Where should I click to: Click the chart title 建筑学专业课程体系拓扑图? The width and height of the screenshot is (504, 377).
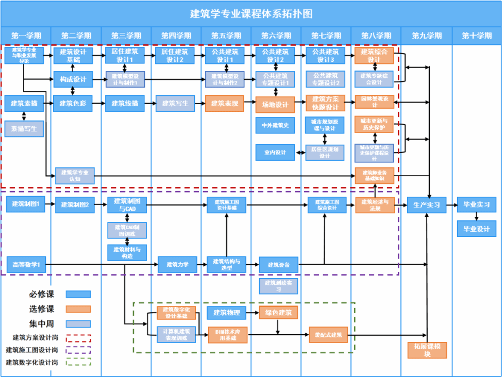[x=251, y=14]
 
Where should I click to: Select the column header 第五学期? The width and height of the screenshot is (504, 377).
[x=226, y=36]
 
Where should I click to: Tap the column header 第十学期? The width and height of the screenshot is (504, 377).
[x=477, y=36]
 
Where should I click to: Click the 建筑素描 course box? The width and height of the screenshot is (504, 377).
[x=24, y=103]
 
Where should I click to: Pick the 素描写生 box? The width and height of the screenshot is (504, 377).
[x=24, y=128]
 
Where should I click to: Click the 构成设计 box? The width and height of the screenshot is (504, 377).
[x=73, y=79]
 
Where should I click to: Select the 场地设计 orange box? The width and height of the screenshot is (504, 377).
[x=275, y=105]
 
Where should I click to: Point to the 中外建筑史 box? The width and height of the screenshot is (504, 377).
[x=275, y=125]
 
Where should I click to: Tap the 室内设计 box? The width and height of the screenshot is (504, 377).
[x=275, y=152]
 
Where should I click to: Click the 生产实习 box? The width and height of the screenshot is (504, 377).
[x=427, y=205]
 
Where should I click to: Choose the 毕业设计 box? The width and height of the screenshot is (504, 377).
[x=477, y=229]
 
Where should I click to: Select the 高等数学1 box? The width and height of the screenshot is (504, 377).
[x=26, y=265]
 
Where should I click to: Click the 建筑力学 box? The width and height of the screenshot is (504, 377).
[x=177, y=265]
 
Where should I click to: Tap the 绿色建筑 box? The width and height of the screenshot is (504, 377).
[x=278, y=313]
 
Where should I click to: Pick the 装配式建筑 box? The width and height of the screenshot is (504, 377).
[x=328, y=335]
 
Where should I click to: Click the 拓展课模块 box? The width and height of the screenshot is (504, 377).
[x=427, y=350]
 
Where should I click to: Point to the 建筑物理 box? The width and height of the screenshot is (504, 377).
[x=227, y=313]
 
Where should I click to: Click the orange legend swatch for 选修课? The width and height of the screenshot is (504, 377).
[x=78, y=309]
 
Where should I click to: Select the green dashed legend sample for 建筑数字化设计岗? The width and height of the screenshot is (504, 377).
[x=78, y=362]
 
